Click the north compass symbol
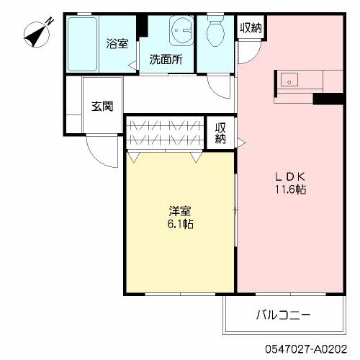(x=37, y=34)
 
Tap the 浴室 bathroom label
(x=117, y=44)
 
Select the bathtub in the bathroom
(x=82, y=44)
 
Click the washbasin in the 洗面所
(x=181, y=30)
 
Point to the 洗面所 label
(x=166, y=59)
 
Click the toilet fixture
(x=215, y=31)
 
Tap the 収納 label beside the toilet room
(x=251, y=28)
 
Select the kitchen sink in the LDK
(x=289, y=80)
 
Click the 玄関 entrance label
(x=102, y=106)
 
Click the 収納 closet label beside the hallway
(x=220, y=133)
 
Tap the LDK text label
(x=290, y=177)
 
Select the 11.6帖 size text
(x=290, y=189)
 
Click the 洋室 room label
(x=180, y=211)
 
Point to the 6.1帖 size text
(x=181, y=224)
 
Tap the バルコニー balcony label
(x=284, y=315)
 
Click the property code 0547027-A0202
(x=306, y=349)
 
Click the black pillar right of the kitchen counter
(x=329, y=99)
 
